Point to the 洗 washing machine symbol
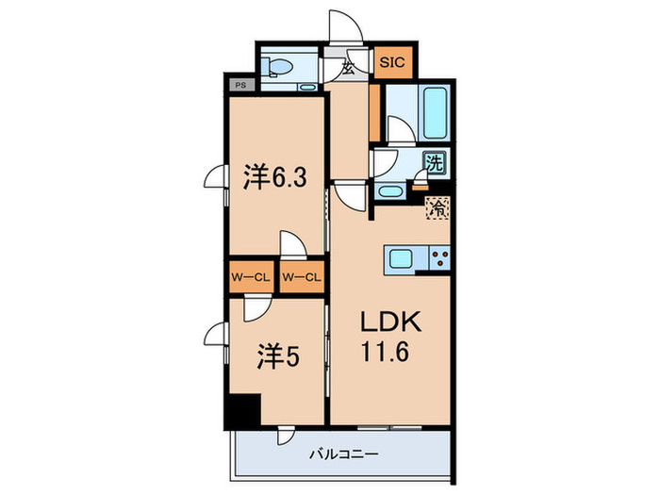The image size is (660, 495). [435, 162]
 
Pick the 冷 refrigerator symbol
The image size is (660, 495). [437, 208]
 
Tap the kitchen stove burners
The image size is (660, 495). [439, 257]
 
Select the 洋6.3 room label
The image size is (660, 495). [272, 178]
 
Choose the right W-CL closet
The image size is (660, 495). [302, 277]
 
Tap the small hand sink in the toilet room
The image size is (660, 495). [308, 86]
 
